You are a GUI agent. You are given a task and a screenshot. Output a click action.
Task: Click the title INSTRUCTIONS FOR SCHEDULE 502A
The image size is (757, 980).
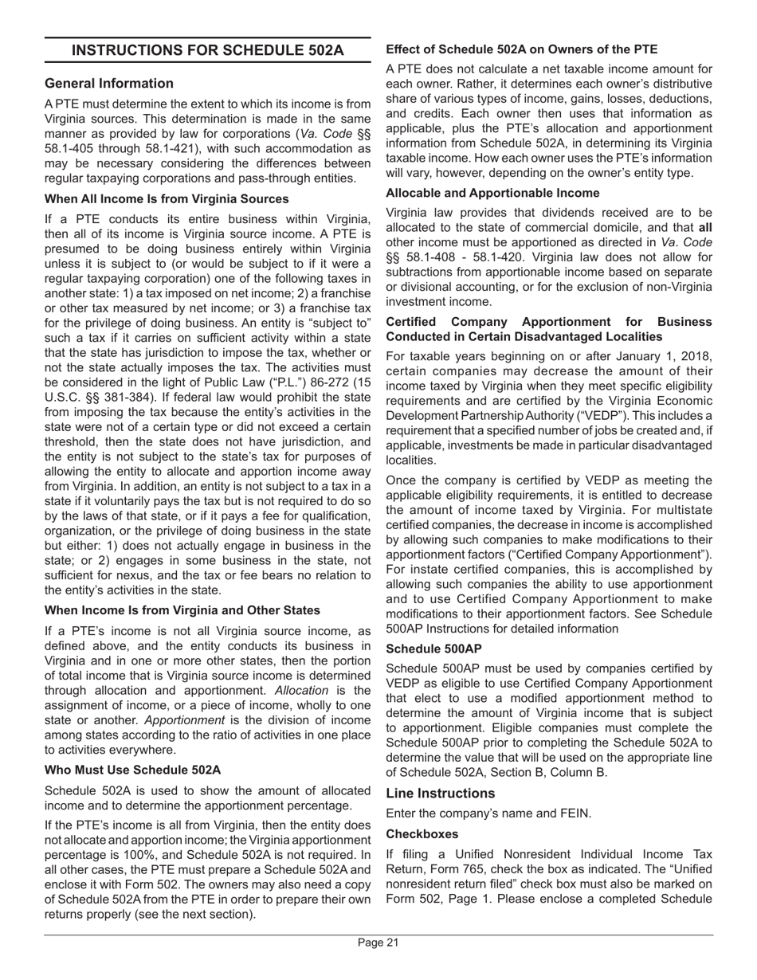208,51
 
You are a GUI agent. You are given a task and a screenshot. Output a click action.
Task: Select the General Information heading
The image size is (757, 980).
109,84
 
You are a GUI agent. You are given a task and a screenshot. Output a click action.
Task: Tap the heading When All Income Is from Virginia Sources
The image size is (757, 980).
167,198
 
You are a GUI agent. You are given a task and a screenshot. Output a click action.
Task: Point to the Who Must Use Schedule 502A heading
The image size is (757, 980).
133,770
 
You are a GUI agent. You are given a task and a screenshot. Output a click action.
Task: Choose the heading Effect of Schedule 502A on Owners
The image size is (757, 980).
521,49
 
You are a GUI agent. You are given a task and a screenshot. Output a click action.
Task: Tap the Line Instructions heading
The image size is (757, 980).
440,793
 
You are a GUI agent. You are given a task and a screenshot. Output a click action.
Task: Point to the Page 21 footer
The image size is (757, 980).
378,943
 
